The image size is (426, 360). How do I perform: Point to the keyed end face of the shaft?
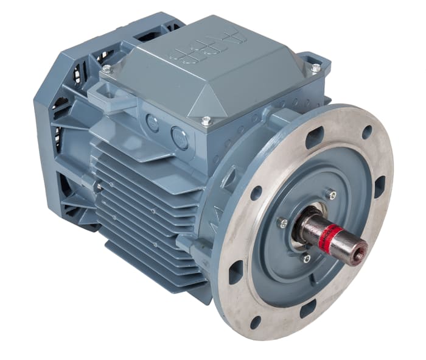click(x=359, y=246)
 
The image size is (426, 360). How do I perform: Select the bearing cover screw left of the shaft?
click(x=282, y=222)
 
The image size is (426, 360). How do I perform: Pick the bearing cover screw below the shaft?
click(x=306, y=259)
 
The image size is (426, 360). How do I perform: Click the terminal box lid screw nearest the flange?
click(x=315, y=68)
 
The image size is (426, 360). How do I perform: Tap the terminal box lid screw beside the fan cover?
click(x=106, y=69)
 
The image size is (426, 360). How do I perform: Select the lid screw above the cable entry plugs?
click(x=206, y=121)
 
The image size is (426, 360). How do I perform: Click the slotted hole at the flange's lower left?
click(x=236, y=272)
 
